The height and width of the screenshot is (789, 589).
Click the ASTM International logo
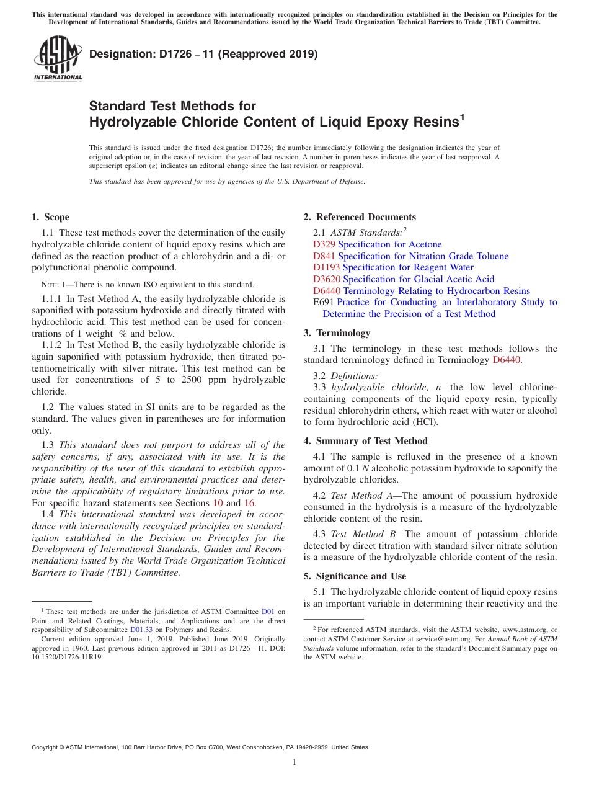(58, 58)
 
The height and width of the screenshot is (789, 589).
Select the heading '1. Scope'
(50, 217)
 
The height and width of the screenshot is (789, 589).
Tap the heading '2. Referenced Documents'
(360, 217)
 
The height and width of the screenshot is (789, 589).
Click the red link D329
(324, 244)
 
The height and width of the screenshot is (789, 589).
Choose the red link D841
(324, 256)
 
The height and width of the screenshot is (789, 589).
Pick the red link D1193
(327, 267)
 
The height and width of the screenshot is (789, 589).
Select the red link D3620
(327, 279)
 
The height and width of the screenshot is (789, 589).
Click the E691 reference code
(324, 302)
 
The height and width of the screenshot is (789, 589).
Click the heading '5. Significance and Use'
(355, 576)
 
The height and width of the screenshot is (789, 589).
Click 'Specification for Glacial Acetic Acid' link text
(418, 279)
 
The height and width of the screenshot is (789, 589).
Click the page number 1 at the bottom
(294, 762)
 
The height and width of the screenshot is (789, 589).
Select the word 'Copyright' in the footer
(46, 747)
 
